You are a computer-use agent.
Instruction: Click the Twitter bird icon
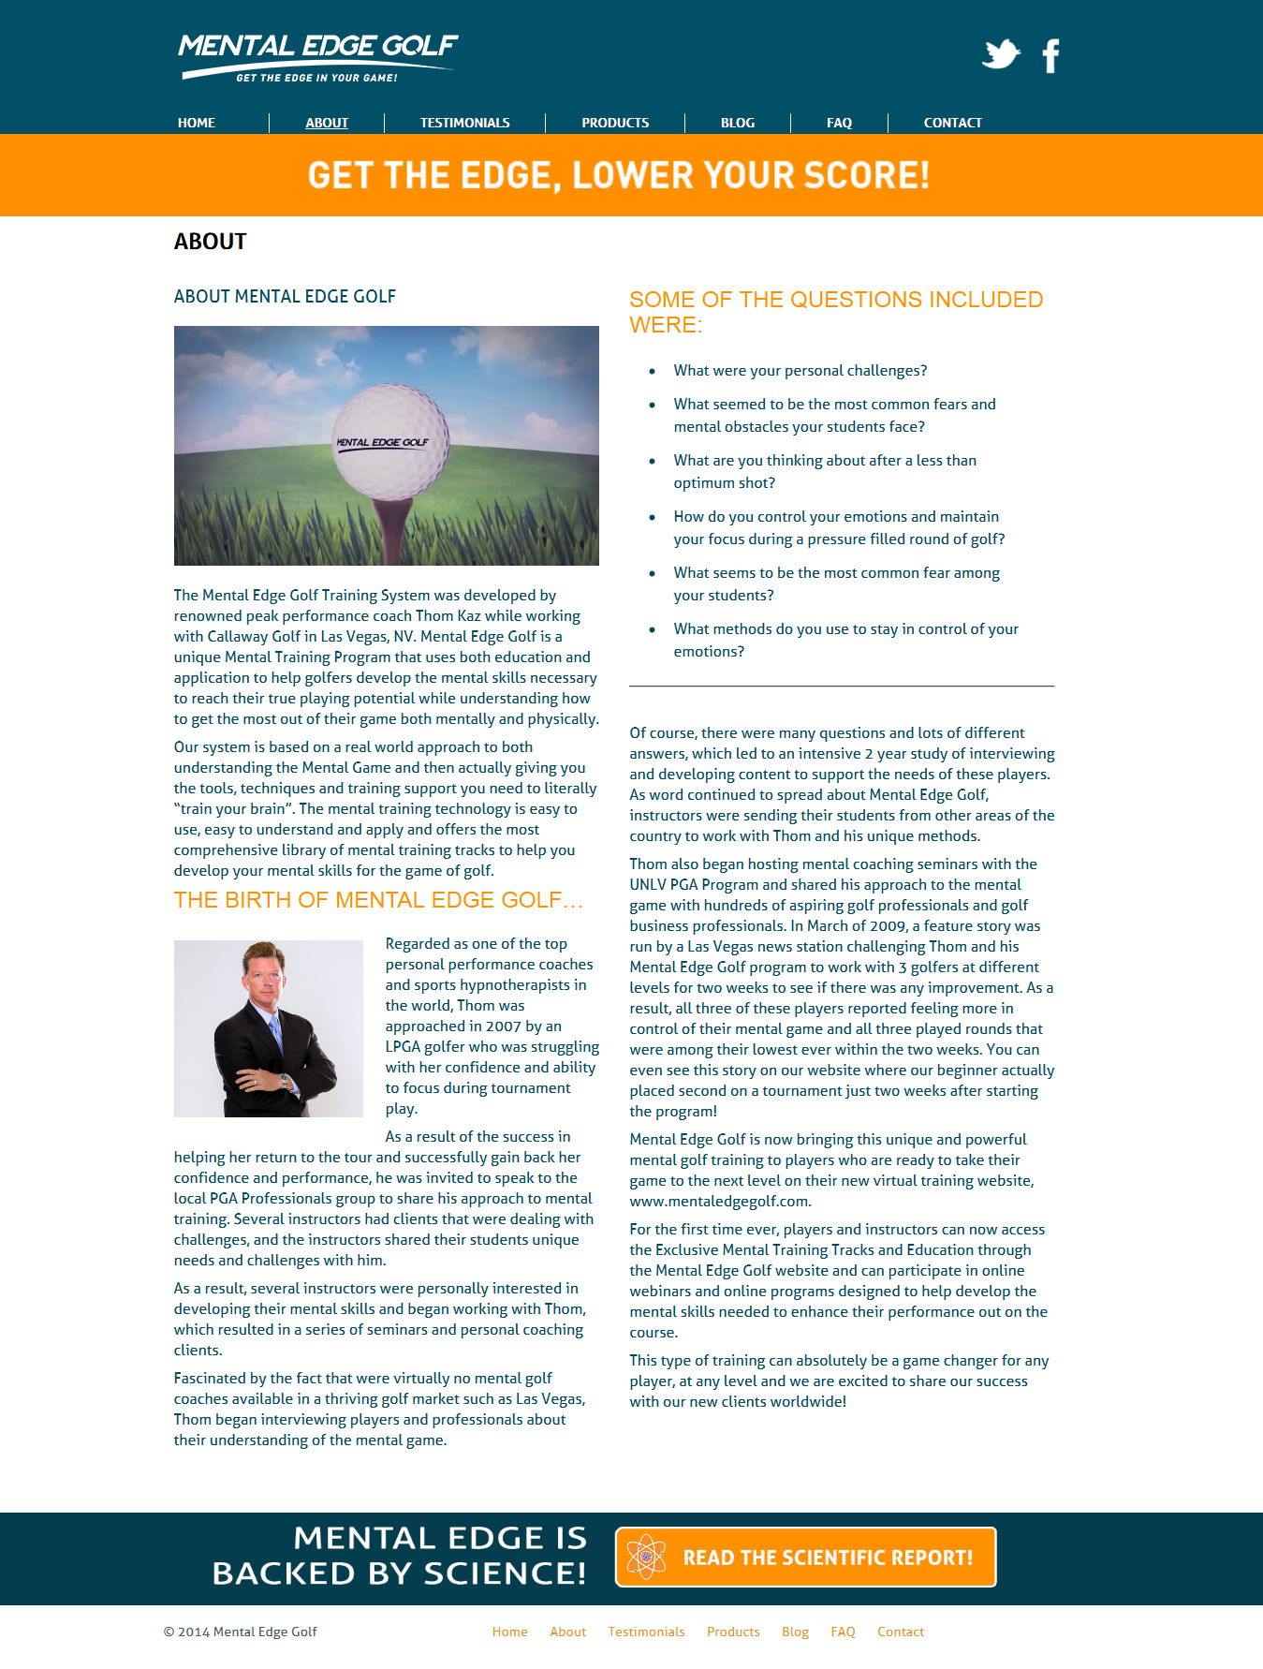[x=1000, y=54]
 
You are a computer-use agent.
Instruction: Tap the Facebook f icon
[x=1050, y=56]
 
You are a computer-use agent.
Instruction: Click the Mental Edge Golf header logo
[x=317, y=57]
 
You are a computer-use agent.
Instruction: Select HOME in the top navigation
[x=197, y=123]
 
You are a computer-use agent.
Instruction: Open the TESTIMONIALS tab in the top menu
[x=464, y=123]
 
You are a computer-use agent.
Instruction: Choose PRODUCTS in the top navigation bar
[x=615, y=123]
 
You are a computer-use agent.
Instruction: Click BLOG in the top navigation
[x=738, y=123]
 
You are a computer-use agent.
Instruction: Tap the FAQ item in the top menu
[x=839, y=123]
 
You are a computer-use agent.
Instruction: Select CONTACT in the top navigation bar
[x=952, y=123]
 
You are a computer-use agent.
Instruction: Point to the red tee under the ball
[x=388, y=529]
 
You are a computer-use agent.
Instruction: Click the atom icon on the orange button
[x=646, y=1557]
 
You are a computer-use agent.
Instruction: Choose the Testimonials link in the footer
[x=646, y=1632]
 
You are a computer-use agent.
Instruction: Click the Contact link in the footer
[x=900, y=1632]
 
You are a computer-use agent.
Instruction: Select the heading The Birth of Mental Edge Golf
[x=378, y=900]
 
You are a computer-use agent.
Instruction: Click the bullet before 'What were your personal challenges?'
[x=652, y=372]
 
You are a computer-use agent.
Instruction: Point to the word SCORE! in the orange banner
[x=866, y=175]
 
